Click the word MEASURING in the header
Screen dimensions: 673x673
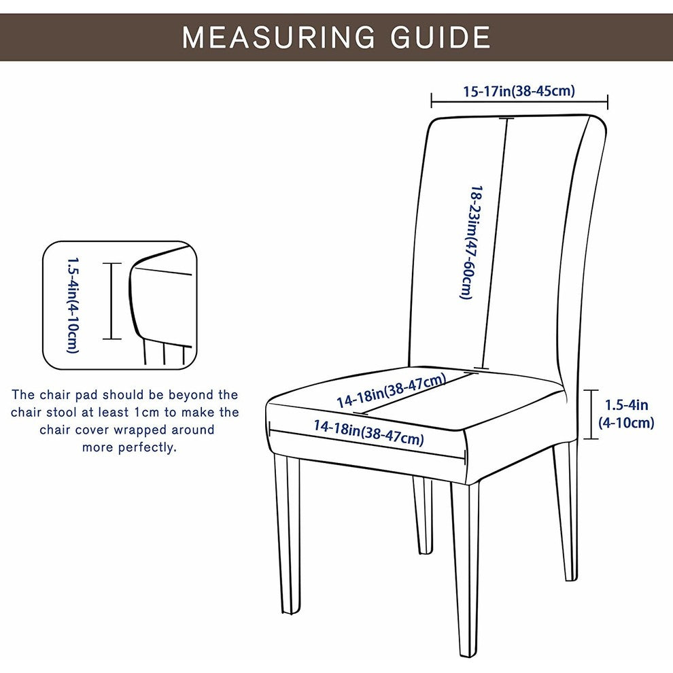coord(279,37)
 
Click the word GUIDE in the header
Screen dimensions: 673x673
coord(441,37)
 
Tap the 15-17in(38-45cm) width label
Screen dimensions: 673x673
coord(519,91)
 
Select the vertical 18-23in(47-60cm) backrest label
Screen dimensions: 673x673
coord(471,243)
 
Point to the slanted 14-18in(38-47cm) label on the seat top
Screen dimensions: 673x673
coord(392,390)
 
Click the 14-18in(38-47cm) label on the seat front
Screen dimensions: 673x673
coord(368,432)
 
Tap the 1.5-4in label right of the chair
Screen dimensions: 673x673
coord(626,413)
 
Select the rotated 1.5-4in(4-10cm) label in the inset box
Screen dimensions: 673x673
coord(73,305)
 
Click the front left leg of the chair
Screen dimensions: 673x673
coord(288,534)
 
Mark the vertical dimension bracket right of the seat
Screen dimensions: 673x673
coord(591,414)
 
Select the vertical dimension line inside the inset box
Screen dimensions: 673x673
coord(112,301)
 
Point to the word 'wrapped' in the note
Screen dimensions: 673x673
coord(141,430)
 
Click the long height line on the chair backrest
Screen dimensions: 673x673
coord(495,243)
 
